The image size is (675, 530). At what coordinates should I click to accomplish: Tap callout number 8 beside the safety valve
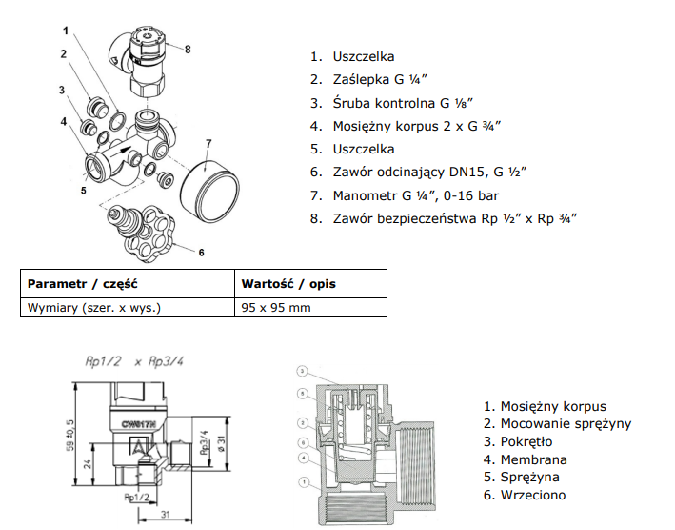click(x=189, y=49)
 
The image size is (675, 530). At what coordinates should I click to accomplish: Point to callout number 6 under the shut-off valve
click(x=202, y=253)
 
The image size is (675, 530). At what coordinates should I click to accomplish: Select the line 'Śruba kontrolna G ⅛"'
click(x=403, y=103)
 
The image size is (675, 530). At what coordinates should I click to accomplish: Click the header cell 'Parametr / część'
click(x=84, y=284)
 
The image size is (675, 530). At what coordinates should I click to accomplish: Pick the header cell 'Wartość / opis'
click(x=288, y=284)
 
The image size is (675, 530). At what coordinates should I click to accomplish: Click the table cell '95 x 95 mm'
click(x=276, y=308)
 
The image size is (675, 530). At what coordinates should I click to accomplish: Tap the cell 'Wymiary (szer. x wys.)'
click(x=94, y=308)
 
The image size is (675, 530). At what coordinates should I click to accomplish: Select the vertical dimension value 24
click(x=87, y=466)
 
